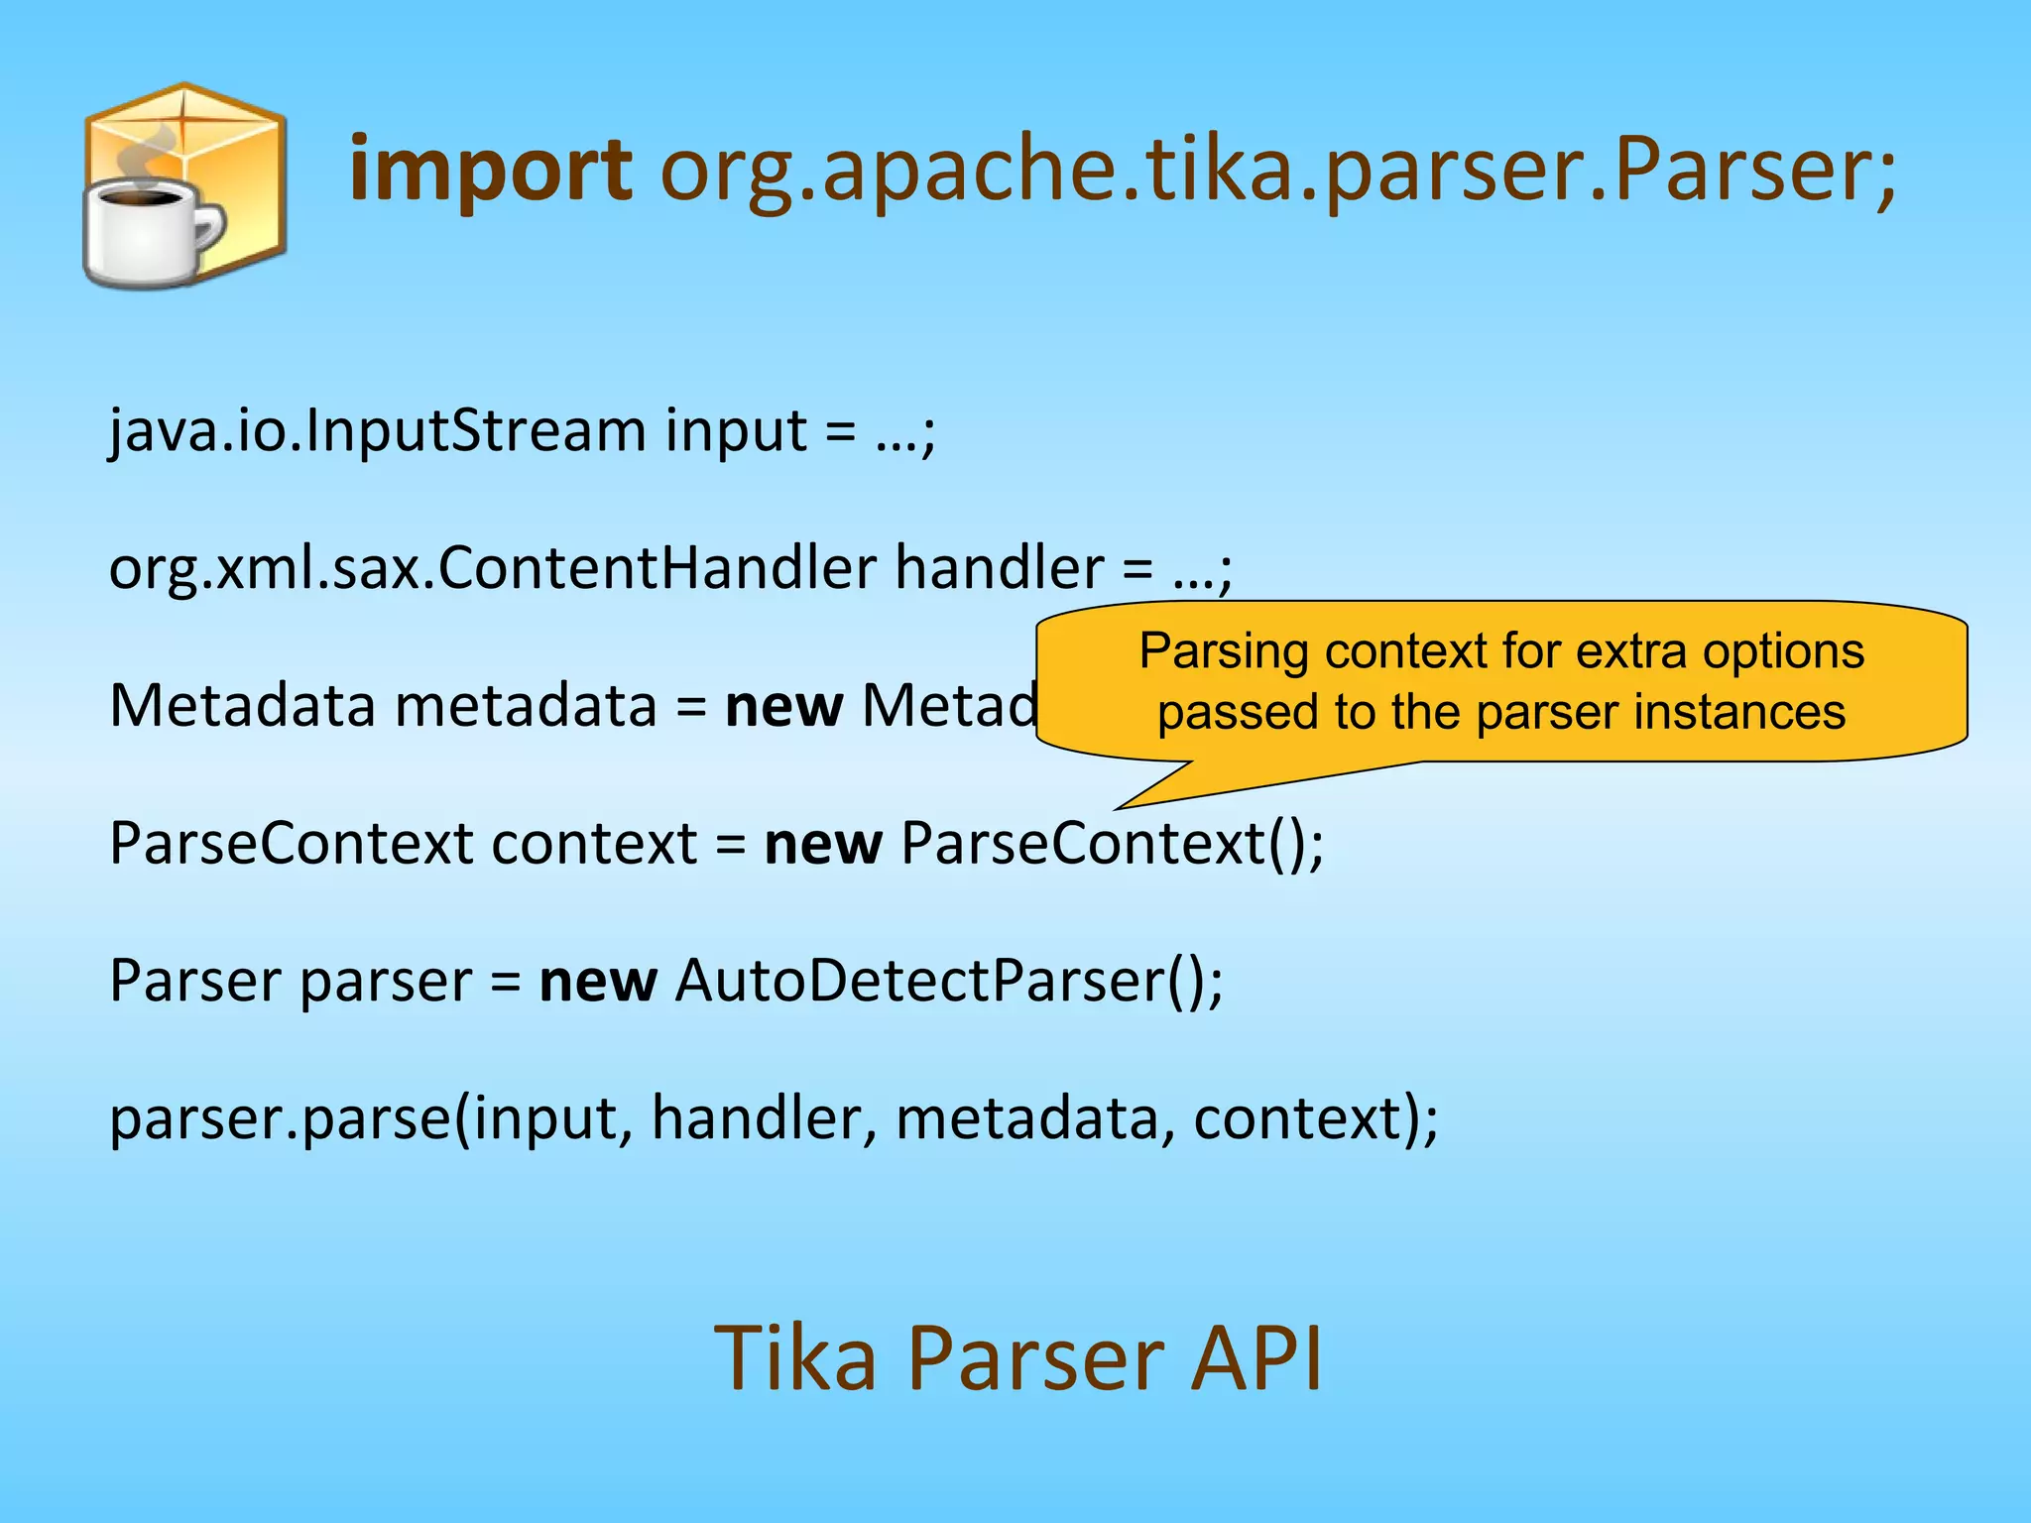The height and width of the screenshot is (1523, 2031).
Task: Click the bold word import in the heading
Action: point(491,171)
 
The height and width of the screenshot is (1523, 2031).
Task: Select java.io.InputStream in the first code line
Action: point(377,431)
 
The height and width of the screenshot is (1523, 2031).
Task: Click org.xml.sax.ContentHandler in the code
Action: point(492,568)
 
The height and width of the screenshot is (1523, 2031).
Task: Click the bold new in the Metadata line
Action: point(783,706)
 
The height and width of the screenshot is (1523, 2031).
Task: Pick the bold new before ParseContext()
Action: point(822,844)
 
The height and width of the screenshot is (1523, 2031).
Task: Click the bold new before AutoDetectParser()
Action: point(597,981)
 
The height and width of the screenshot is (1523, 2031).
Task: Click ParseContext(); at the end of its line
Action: point(1112,844)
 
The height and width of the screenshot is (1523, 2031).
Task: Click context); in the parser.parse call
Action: point(1315,1118)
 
